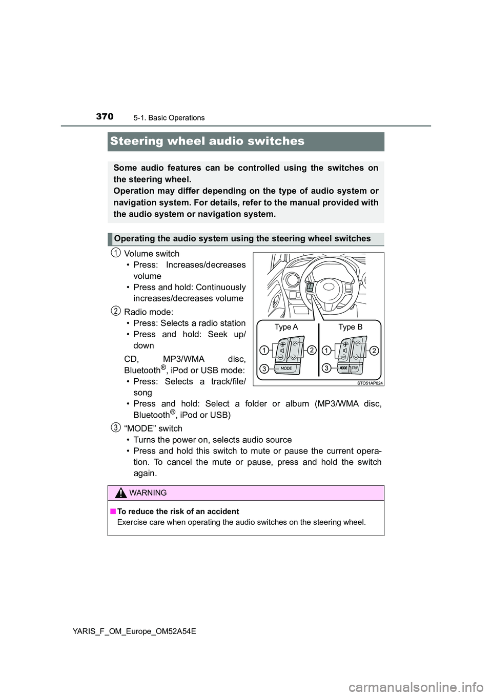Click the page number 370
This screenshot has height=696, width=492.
tap(105, 116)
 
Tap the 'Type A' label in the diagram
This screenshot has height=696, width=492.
tap(286, 327)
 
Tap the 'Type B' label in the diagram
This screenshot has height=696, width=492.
tap(351, 327)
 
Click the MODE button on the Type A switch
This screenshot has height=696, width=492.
tap(286, 368)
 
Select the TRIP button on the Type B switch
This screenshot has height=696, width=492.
tap(355, 368)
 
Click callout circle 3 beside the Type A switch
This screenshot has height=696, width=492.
tap(263, 368)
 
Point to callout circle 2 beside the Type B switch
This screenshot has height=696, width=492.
tap(374, 351)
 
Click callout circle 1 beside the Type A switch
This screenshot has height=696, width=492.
tap(263, 351)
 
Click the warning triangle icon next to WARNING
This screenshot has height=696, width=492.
tap(121, 493)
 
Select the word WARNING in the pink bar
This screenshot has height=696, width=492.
tap(148, 493)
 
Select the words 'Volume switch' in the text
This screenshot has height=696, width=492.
tap(152, 254)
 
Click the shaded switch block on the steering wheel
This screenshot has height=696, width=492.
tap(310, 289)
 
